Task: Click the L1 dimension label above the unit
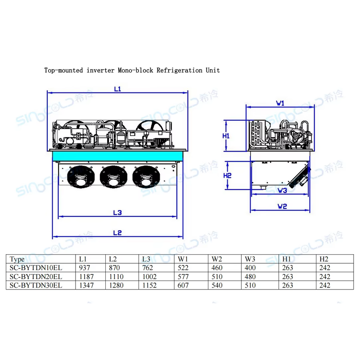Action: pos(117,89)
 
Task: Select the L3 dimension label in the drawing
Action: pos(117,212)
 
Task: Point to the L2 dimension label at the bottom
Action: pos(117,233)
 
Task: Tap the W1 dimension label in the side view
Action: pos(280,103)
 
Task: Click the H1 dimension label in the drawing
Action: pos(227,135)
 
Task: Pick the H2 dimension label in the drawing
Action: pos(227,175)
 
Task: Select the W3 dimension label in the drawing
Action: pos(282,190)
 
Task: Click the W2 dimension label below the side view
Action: pos(282,207)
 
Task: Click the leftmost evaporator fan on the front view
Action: pos(81,176)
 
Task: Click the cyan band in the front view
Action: pos(117,156)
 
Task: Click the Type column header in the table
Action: pos(17,259)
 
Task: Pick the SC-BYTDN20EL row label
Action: pos(36,276)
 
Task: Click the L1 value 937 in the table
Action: pos(85,268)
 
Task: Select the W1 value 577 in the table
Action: pos(183,276)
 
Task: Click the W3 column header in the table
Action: pos(250,259)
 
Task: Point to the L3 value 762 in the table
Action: pos(148,268)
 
